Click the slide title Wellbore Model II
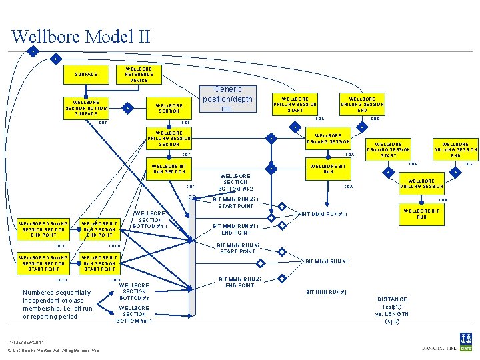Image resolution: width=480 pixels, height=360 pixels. (x=81, y=36)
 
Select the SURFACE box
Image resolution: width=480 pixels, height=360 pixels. (x=86, y=75)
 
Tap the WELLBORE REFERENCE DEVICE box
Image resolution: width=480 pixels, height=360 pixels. (x=139, y=75)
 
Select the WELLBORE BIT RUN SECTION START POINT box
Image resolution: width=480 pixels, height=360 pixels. (x=99, y=263)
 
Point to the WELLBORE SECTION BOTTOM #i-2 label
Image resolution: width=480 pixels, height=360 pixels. (x=235, y=183)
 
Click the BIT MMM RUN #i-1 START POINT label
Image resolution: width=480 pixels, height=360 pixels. (x=236, y=202)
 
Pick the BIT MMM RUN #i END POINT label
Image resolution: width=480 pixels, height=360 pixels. (x=239, y=282)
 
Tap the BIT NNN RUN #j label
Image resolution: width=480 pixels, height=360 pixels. (x=326, y=292)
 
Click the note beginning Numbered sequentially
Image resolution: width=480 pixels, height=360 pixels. (x=57, y=304)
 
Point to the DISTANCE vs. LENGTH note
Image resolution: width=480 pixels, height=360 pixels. (x=391, y=310)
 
